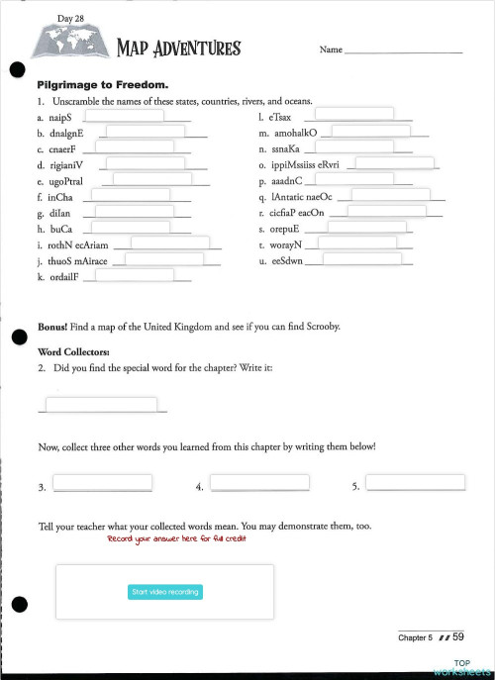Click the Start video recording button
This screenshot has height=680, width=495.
[x=164, y=592]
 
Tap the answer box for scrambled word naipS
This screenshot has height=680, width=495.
[x=123, y=114]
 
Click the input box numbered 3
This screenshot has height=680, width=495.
[x=102, y=483]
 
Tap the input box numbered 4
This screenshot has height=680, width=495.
[x=259, y=483]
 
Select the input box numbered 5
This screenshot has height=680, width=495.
[x=415, y=483]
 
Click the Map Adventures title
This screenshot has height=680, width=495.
[x=178, y=48]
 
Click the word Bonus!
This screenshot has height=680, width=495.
[x=52, y=326]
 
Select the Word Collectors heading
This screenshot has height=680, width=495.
[x=73, y=351]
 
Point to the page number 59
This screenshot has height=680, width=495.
[x=459, y=636]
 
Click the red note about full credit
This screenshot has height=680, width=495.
[x=176, y=539]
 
